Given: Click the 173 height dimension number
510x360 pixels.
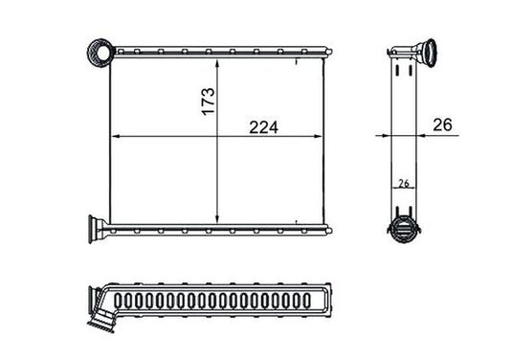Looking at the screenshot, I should click(208, 101).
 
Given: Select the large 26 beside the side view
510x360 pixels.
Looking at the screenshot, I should click(443, 124).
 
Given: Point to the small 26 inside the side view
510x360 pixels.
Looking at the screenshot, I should click(402, 182).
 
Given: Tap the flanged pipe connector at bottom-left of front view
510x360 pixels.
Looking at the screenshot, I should click(97, 228).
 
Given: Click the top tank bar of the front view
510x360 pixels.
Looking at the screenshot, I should click(220, 49).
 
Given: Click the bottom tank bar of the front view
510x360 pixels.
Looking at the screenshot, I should click(220, 228).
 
